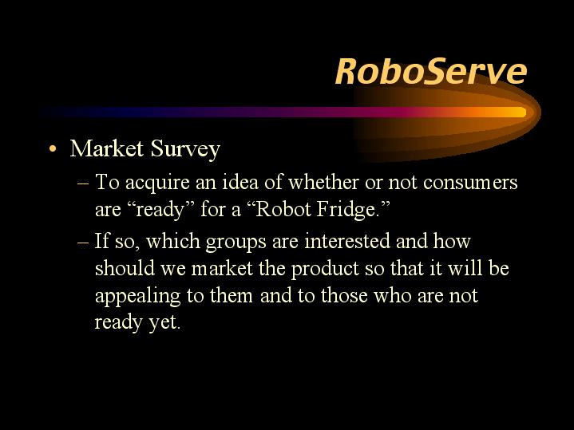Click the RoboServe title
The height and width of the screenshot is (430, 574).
click(431, 71)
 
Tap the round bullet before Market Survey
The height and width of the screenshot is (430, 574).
click(53, 149)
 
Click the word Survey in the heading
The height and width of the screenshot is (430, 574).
click(185, 150)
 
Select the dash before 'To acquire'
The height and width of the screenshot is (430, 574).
click(83, 183)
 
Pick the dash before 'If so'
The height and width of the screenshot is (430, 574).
click(83, 243)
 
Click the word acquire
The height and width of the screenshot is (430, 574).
click(157, 183)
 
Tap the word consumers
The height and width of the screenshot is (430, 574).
click(470, 183)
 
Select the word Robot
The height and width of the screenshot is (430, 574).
click(279, 209)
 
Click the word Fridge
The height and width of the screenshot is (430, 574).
click(350, 210)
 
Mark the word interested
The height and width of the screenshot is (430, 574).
click(347, 242)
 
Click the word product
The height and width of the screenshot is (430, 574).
click(325, 270)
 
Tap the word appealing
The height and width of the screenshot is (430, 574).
click(137, 297)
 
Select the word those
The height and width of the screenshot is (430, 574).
click(344, 296)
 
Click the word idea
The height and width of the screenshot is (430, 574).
click(240, 182)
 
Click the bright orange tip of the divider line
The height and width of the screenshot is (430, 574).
click(520, 112)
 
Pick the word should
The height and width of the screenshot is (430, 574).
click(125, 269)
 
